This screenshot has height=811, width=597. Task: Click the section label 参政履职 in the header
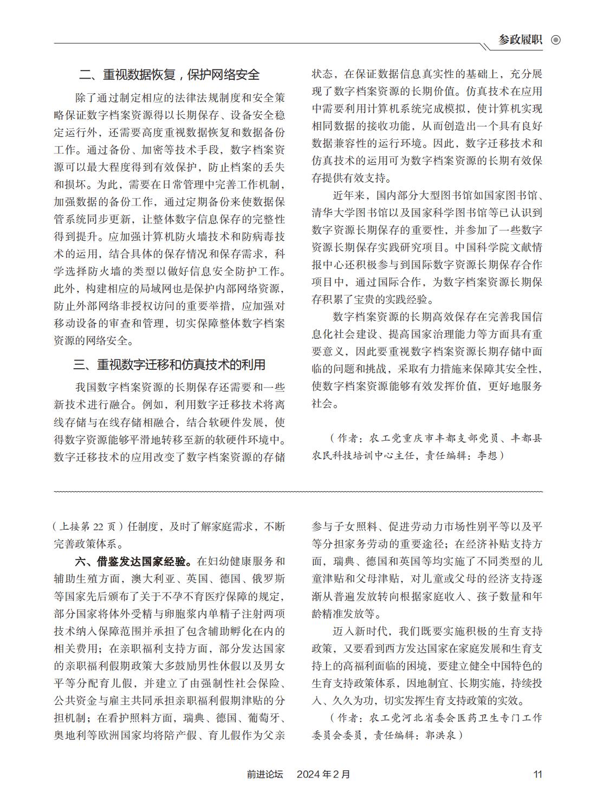pos(520,40)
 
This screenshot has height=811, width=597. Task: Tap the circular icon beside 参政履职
pos(555,40)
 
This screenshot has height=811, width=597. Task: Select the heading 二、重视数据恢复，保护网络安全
pos(169,74)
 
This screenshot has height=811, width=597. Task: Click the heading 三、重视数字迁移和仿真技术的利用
pos(169,364)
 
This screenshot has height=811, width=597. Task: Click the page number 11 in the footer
pos(537,774)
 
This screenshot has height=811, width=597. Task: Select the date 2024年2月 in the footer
pos(323,774)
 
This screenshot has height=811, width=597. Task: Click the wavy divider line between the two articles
pos(298,491)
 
